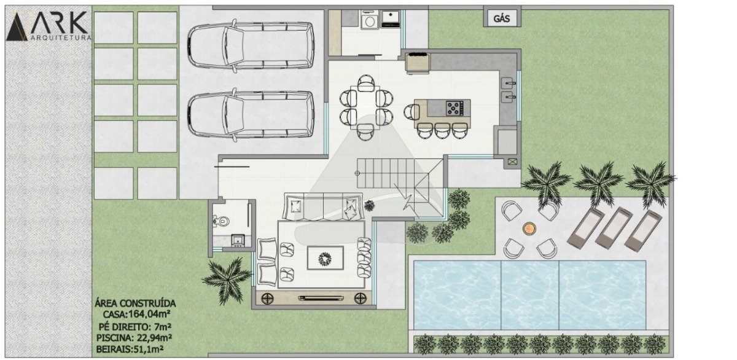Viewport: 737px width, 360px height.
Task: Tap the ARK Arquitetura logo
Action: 48,26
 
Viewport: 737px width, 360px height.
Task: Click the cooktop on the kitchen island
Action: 454,108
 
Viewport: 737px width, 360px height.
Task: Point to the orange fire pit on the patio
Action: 529,228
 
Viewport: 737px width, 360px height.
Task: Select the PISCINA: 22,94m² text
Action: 134,338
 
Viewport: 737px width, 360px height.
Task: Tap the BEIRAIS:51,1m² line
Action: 130,349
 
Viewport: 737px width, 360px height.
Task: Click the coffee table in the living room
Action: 326,257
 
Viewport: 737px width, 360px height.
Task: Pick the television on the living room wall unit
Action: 321,298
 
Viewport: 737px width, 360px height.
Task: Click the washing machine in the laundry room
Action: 370,20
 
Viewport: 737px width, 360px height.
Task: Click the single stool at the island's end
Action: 411,112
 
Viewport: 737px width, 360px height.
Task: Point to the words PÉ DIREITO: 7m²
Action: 135,326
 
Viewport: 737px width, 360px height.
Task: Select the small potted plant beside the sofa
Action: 369,206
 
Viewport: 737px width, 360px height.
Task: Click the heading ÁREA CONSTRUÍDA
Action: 135,303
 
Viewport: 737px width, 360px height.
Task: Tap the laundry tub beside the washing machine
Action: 391,19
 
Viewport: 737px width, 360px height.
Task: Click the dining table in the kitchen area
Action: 365,107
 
